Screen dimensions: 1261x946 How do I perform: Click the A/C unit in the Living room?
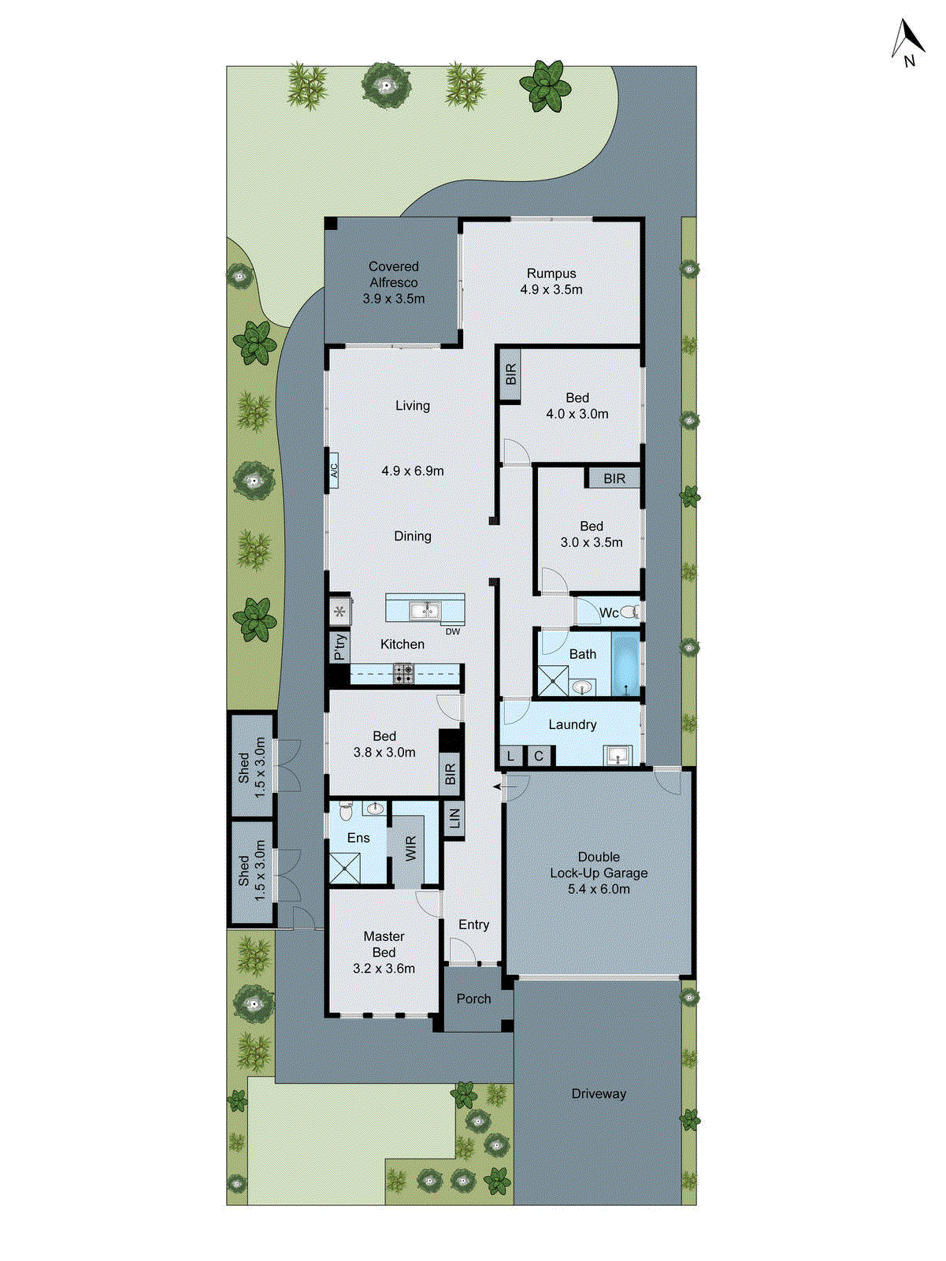[x=334, y=471]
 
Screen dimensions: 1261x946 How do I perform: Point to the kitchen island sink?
[x=424, y=610]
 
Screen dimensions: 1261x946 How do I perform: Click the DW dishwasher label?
[x=452, y=631]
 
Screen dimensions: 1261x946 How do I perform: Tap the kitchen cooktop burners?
[x=404, y=673]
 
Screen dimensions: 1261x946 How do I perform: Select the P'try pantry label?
[x=339, y=646]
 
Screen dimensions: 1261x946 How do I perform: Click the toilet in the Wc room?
[x=629, y=612]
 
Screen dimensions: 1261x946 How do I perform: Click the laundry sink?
[x=618, y=756]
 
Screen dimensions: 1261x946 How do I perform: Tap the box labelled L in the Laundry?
[x=510, y=756]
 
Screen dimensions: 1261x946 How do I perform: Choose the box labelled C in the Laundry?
[x=539, y=756]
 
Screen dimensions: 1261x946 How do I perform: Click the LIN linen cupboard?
[x=454, y=819]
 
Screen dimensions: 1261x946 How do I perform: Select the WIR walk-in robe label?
[x=410, y=850]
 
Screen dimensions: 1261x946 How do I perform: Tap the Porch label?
[x=473, y=999]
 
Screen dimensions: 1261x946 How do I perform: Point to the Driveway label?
[x=599, y=1094]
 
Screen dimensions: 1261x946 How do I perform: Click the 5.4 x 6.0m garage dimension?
[x=599, y=889]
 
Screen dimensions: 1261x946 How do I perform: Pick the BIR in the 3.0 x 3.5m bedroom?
[x=614, y=478]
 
